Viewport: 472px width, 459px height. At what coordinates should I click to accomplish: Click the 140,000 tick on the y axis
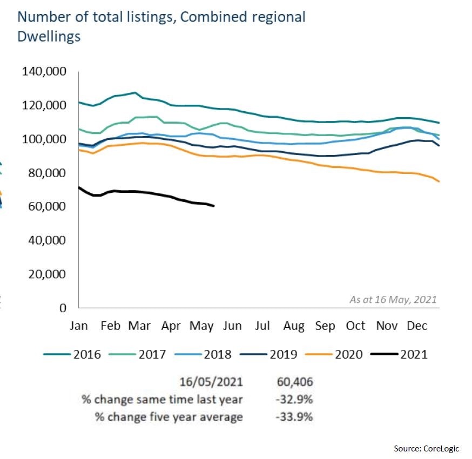[x=43, y=71]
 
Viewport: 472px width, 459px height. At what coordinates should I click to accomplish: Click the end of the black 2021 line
[x=214, y=206]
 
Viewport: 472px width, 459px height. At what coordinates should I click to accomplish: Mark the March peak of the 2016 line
[x=134, y=93]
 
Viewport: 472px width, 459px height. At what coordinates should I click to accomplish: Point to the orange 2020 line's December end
[x=439, y=181]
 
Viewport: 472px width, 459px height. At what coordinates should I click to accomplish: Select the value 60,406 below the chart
[x=294, y=382]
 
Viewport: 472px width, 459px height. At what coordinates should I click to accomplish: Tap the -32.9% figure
[x=294, y=400]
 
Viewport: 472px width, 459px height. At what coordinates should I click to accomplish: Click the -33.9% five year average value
[x=294, y=417]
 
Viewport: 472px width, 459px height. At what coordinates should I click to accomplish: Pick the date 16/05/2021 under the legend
[x=211, y=382]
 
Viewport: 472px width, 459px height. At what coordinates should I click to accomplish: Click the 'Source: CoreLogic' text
[x=430, y=449]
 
